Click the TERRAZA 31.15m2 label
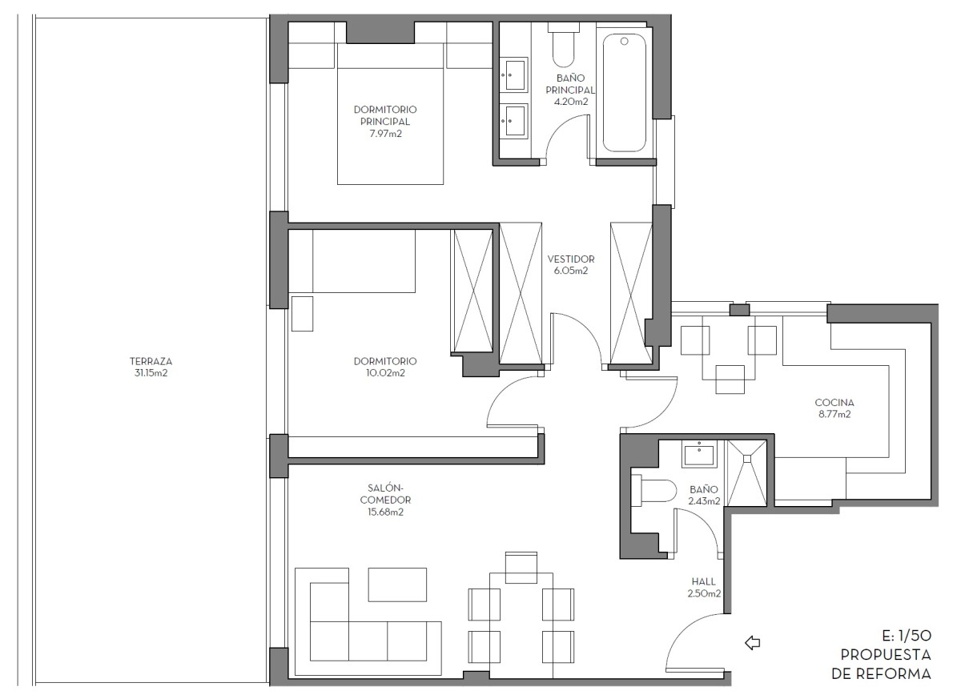tap(151, 367)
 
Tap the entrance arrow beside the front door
tap(753, 643)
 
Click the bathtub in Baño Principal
tap(624, 93)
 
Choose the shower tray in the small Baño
tap(747, 473)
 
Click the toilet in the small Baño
tap(653, 490)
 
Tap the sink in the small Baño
tap(699, 454)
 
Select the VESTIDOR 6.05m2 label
tap(571, 264)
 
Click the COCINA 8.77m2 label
tap(834, 408)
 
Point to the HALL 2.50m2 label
tap(704, 588)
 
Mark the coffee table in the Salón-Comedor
tap(397, 585)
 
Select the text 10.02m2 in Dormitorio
tap(385, 372)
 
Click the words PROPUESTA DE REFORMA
tap(882, 665)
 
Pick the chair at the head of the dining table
tap(521, 568)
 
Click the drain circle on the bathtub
tap(625, 41)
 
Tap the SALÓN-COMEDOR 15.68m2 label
tap(385, 500)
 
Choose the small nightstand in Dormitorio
tap(302, 314)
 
